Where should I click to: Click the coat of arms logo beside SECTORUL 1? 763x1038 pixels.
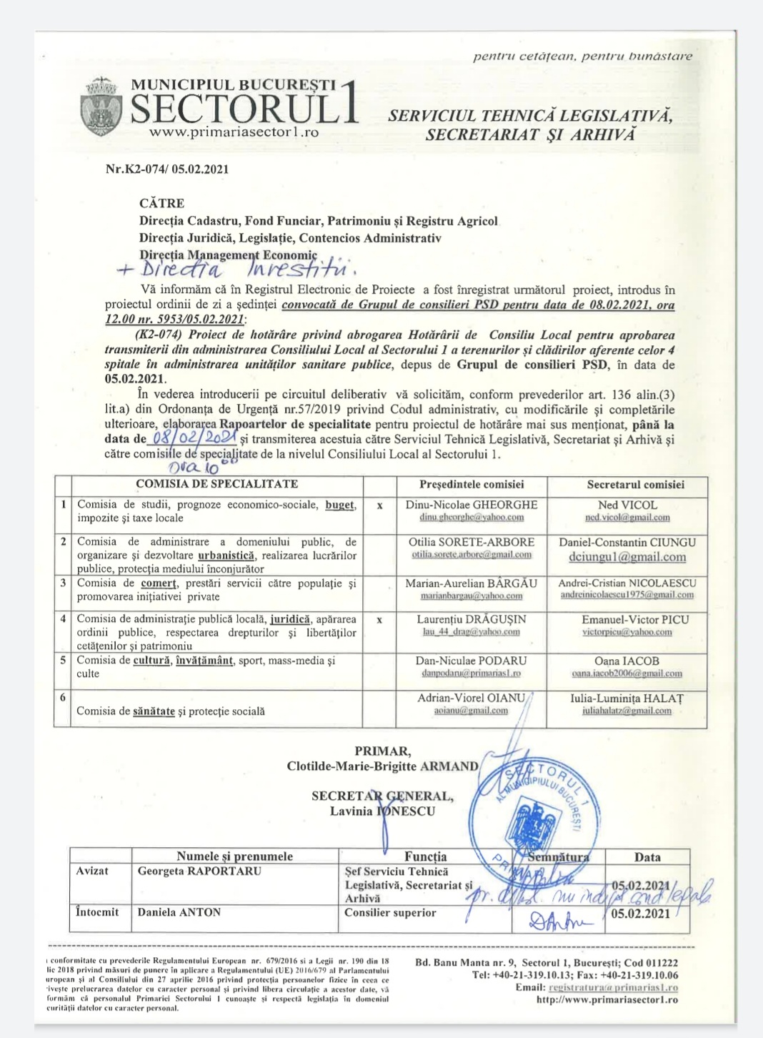(101, 107)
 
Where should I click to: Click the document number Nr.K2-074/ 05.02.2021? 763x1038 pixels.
(167, 169)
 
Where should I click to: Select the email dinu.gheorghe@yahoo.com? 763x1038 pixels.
(472, 518)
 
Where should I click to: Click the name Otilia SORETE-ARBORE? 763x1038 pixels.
(472, 542)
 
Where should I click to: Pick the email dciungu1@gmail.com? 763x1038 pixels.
(627, 557)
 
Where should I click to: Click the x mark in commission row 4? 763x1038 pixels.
(379, 620)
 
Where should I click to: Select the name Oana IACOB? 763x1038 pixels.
(627, 661)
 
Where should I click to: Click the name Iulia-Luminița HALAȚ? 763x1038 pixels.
(627, 698)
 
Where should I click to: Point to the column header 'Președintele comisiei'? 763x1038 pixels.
(472, 485)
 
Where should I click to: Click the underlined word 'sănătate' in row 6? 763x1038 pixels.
(154, 711)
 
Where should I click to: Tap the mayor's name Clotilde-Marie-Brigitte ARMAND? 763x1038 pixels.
(383, 766)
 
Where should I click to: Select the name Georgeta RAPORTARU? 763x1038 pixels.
(199, 871)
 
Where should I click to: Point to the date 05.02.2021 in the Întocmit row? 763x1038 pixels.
(642, 914)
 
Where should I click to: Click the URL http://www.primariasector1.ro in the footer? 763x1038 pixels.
(607, 999)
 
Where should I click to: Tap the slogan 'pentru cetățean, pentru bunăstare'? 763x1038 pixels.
(582, 56)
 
